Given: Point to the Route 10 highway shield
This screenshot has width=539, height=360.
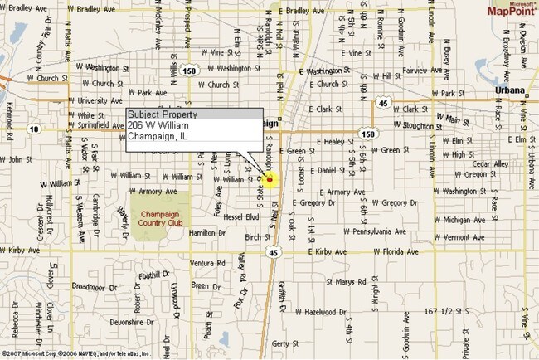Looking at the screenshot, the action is tap(32, 129).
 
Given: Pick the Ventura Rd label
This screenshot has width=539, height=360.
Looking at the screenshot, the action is tap(208, 263).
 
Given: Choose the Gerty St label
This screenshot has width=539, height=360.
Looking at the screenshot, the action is tap(284, 343).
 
